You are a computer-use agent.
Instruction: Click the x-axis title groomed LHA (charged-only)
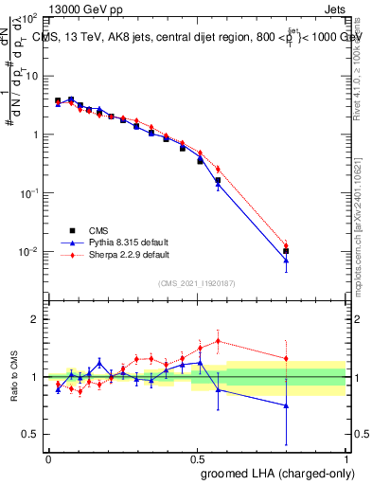272,473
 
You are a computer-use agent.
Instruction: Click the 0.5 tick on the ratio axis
32,434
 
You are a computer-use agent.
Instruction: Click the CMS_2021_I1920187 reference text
197,283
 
